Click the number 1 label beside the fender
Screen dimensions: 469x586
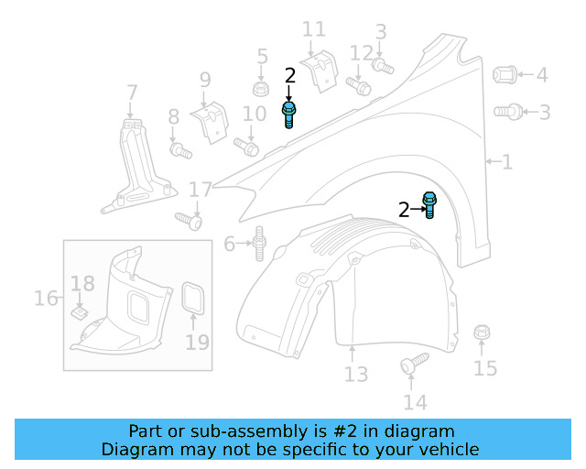(x=506, y=162)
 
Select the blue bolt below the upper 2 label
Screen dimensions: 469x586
(x=289, y=115)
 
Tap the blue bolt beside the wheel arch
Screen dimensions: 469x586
(x=429, y=205)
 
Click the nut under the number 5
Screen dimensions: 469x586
(x=261, y=90)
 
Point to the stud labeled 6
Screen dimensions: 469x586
(x=259, y=243)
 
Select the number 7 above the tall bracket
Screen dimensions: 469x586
(x=132, y=93)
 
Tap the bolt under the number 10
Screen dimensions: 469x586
(x=247, y=145)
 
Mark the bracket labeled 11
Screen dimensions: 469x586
(x=320, y=71)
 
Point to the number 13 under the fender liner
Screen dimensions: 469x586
(x=355, y=374)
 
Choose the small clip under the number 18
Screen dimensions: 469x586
(x=81, y=313)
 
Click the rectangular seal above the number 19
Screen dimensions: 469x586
(x=194, y=299)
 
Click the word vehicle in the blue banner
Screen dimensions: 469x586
(x=446, y=449)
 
